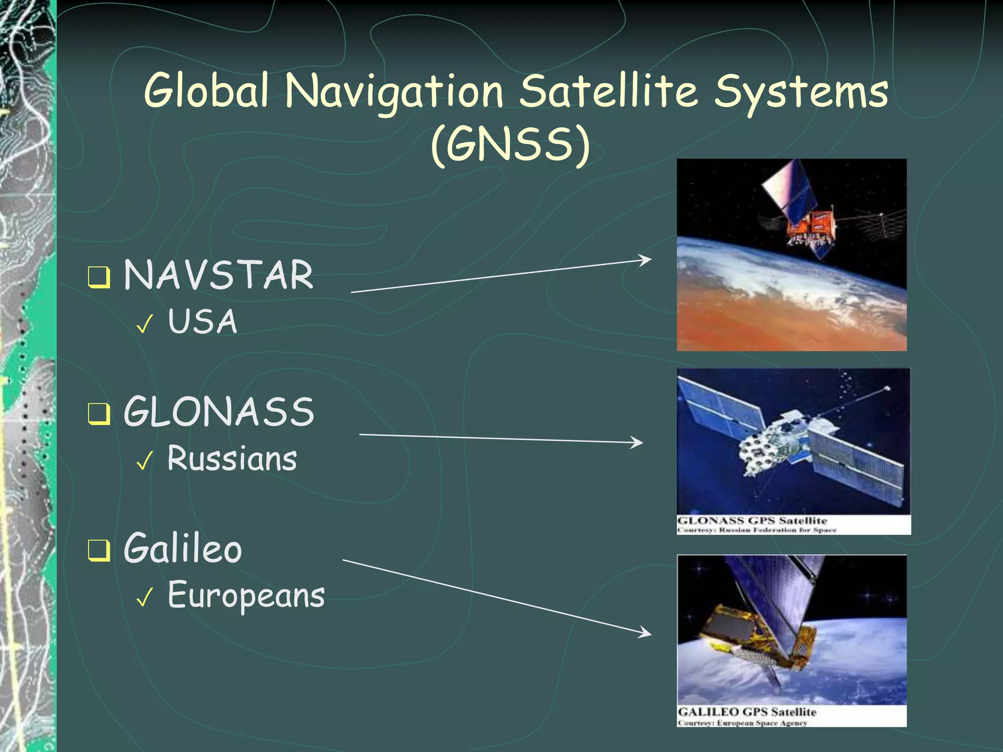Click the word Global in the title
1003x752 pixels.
coord(206,91)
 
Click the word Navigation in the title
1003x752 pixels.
coord(394,92)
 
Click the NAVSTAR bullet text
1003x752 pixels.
coord(218,275)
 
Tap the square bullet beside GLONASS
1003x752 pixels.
coord(98,414)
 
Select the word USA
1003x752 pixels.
coord(202,322)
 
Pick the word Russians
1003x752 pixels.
coord(232,459)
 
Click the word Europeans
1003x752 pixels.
coord(246,596)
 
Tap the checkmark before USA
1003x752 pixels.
coord(145,324)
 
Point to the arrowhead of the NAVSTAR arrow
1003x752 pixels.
coord(646,259)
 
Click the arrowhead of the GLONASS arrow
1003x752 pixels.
coord(638,443)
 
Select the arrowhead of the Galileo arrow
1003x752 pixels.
coord(646,633)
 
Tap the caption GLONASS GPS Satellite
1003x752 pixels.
coord(752,520)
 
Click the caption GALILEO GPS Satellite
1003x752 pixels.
coord(746,711)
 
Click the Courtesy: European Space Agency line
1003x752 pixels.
coord(742,723)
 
